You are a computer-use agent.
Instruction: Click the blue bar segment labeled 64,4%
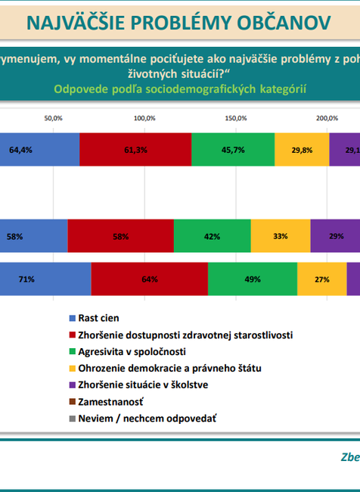tap(39, 149)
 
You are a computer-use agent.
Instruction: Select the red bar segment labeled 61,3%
tap(135, 149)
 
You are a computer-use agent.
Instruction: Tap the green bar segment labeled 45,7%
tap(233, 149)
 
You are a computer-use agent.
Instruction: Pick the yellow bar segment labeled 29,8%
tap(302, 149)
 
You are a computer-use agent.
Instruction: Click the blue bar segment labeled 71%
tap(45, 279)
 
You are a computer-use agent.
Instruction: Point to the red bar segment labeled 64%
tap(149, 279)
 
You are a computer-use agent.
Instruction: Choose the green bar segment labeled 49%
tap(253, 279)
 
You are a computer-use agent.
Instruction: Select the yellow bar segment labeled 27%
tap(322, 279)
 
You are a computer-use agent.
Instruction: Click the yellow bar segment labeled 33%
tap(281, 235)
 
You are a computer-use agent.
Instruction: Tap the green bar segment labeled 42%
tap(212, 235)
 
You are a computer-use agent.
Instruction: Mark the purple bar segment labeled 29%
tap(335, 235)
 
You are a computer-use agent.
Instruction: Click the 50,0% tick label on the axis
tap(53, 118)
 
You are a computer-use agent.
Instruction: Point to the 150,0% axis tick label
tap(236, 118)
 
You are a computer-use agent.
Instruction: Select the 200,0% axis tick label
tap(327, 118)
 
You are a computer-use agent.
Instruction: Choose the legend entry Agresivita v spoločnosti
tap(132, 352)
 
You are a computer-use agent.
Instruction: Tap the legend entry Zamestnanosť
tap(111, 401)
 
